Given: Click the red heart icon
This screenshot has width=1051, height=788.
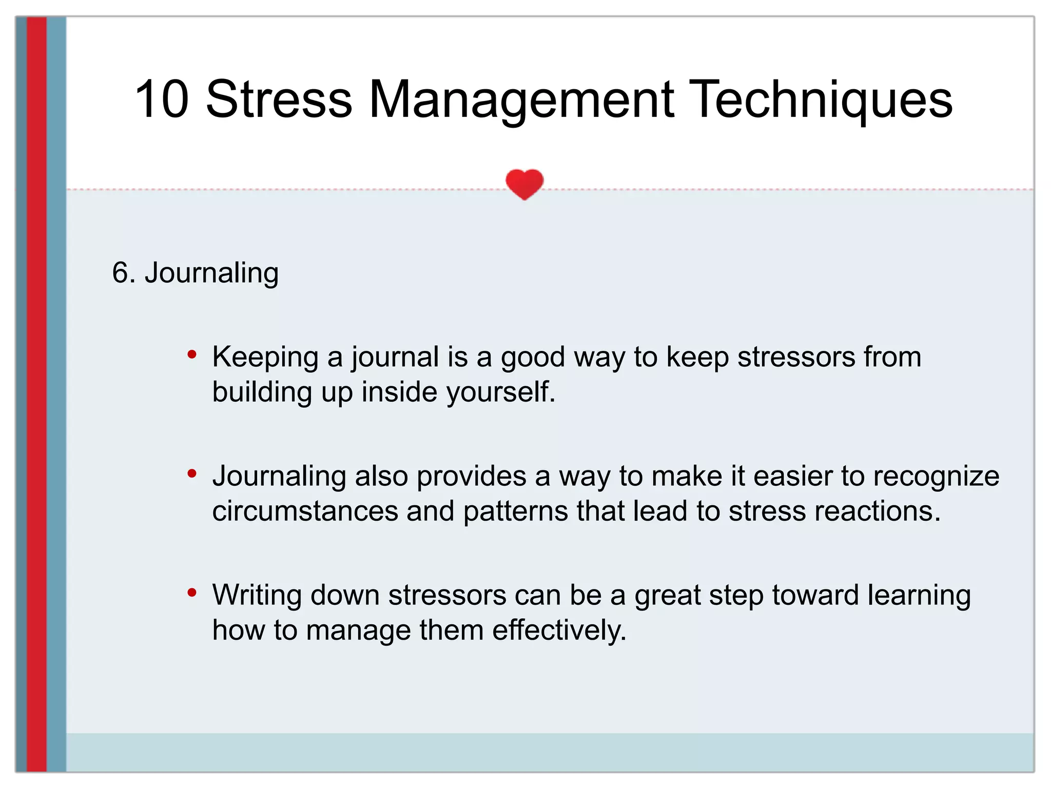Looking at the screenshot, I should pyautogui.click(x=524, y=184).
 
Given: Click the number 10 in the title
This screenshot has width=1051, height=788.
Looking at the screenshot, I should pyautogui.click(x=162, y=100).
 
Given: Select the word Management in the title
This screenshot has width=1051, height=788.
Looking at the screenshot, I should pyautogui.click(x=520, y=100).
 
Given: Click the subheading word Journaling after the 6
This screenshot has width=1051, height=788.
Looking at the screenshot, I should pyautogui.click(x=211, y=273).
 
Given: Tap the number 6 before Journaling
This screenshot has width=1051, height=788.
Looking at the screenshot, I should pyautogui.click(x=120, y=273).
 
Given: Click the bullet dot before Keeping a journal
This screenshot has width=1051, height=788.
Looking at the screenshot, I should pyautogui.click(x=192, y=354).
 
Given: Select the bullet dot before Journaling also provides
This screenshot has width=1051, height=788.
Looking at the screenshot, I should pyautogui.click(x=192, y=473).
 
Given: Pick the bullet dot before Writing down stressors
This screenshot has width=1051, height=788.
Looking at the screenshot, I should pyautogui.click(x=192, y=593).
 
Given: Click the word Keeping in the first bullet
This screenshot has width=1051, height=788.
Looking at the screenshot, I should pyautogui.click(x=265, y=358).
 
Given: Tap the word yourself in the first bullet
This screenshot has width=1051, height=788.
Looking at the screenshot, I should pyautogui.click(x=500, y=393).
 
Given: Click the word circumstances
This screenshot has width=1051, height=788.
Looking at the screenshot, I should pyautogui.click(x=305, y=511).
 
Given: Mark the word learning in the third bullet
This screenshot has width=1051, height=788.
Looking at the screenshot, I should pyautogui.click(x=919, y=596).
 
